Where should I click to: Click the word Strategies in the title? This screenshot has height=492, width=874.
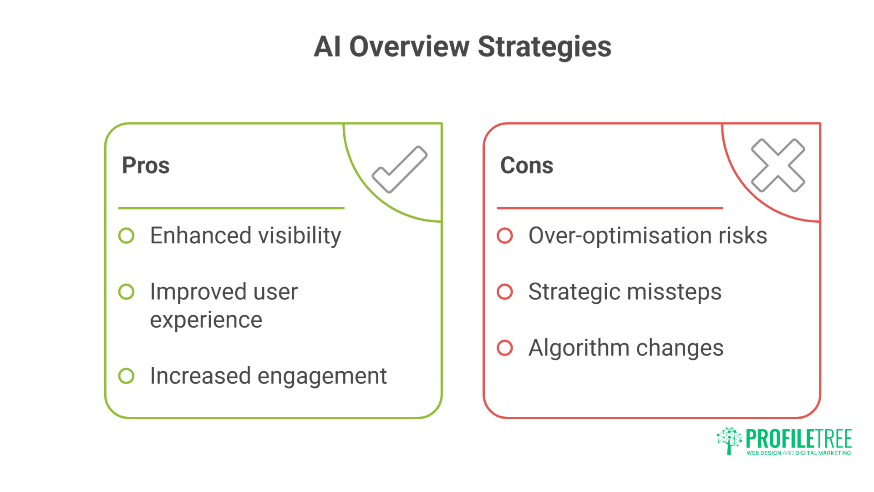click(x=544, y=47)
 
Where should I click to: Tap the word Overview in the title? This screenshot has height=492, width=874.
click(x=409, y=47)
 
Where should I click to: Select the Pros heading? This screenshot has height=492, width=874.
click(x=146, y=165)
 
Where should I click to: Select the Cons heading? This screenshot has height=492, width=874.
click(x=527, y=165)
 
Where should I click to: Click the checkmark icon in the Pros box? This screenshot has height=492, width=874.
click(x=399, y=169)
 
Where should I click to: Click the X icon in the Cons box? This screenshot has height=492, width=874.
click(x=777, y=165)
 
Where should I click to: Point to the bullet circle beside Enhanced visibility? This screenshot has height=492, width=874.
click(x=126, y=236)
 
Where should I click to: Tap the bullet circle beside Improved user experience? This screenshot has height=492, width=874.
click(x=126, y=292)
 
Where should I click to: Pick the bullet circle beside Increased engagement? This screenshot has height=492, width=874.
click(x=126, y=376)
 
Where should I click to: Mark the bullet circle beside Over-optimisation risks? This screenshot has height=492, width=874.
click(x=504, y=236)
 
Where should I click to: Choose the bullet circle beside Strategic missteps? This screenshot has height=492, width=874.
click(x=504, y=292)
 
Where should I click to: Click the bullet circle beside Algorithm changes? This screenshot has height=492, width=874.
click(x=504, y=348)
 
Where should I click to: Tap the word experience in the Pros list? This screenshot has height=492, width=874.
click(x=206, y=320)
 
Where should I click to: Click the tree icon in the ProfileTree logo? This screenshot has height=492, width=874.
click(x=729, y=440)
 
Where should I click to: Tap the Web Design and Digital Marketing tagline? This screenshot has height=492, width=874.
click(x=798, y=453)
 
